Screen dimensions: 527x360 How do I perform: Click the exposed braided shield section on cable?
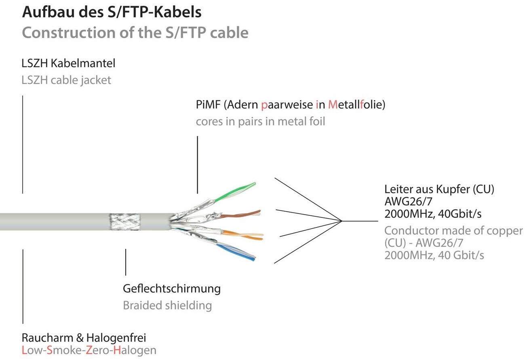click(125, 222)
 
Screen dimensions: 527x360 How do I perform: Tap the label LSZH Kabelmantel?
click(68, 63)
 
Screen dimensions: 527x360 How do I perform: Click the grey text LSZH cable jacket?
click(66, 80)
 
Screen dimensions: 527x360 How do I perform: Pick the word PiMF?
click(208, 105)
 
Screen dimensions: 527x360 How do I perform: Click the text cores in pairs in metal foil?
click(260, 121)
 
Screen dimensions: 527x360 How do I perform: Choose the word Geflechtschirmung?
click(172, 289)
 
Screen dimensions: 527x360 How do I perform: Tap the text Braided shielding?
click(167, 305)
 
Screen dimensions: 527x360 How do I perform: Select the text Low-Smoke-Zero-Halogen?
click(89, 350)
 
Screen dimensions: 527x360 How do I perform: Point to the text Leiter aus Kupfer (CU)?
click(439, 189)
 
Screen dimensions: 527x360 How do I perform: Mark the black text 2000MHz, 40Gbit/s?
click(433, 213)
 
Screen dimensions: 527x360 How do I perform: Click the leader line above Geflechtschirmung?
click(126, 262)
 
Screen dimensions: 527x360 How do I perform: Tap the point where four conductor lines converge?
click(342, 221)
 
